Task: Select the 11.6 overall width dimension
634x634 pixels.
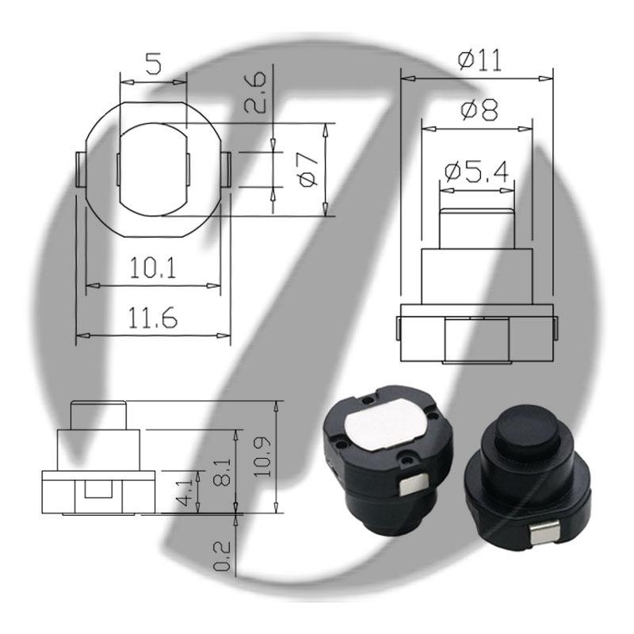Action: click(153, 319)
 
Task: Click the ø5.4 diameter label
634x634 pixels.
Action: click(476, 171)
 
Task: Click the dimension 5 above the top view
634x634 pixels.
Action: click(153, 64)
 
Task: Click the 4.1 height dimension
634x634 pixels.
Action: click(184, 491)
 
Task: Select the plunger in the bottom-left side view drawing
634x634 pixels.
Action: click(98, 415)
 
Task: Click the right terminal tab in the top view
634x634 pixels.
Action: click(227, 169)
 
